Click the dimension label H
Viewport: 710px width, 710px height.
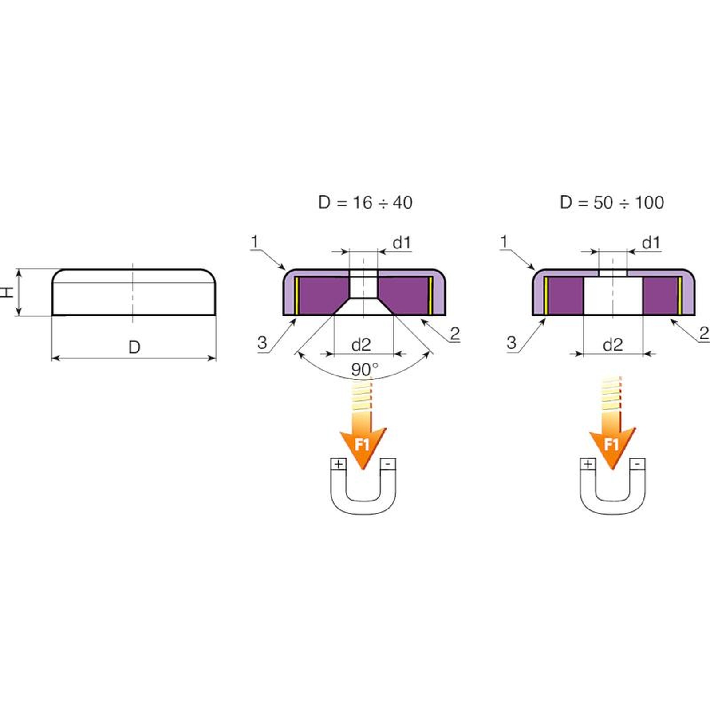coord(8,292)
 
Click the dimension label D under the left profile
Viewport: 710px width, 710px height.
coord(134,347)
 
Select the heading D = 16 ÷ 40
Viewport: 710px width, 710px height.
coord(366,202)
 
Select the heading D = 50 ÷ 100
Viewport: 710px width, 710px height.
coord(612,202)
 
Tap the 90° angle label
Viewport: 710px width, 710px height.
coord(365,369)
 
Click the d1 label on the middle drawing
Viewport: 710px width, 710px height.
coord(402,243)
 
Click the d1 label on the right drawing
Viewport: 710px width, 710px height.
coord(651,243)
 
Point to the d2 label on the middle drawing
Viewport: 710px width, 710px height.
coord(361,345)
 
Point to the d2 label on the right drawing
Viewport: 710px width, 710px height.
coord(613,345)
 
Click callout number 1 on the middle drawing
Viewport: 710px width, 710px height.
coord(255,242)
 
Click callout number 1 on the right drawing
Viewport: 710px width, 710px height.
coord(504,242)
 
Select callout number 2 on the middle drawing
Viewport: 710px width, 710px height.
coord(455,334)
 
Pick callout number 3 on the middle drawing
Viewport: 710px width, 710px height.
coord(262,343)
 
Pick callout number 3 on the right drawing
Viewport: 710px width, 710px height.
coord(512,343)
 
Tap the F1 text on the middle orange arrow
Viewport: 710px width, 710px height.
coord(362,444)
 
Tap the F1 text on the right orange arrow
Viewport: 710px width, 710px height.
coord(611,444)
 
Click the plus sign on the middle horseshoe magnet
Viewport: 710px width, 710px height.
coord(339,464)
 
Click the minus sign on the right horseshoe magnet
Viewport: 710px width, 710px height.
coord(638,464)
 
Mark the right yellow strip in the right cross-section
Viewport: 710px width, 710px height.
coord(679,293)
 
